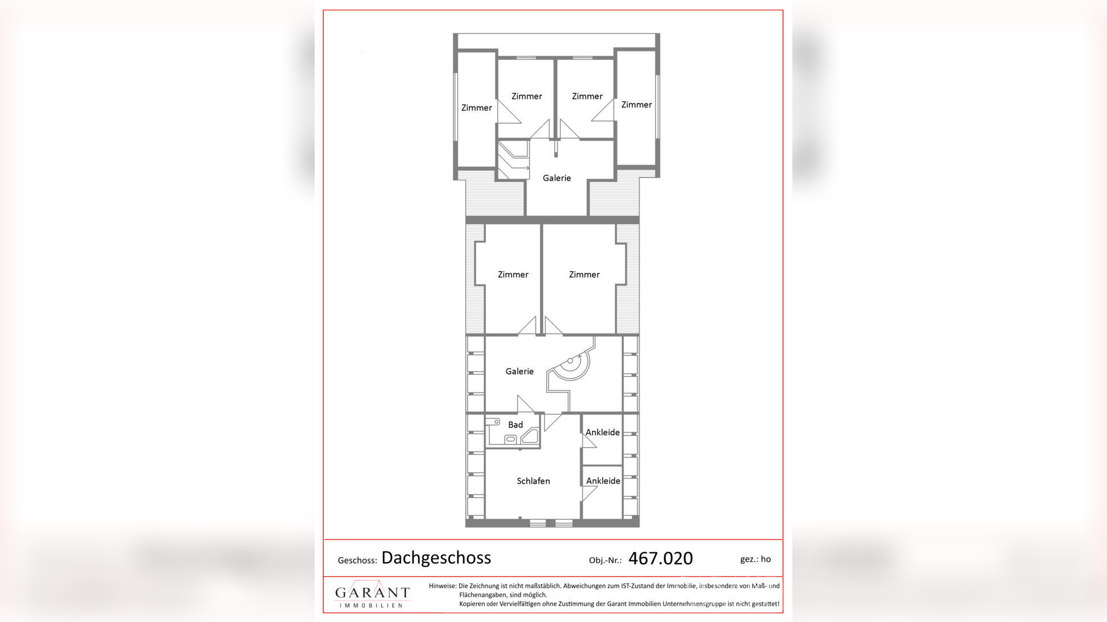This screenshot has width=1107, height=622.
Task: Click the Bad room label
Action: point(515,425)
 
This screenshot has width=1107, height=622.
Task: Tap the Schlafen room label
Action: point(533,481)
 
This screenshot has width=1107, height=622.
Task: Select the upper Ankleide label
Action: point(602,432)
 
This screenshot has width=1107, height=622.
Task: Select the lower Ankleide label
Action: point(603,481)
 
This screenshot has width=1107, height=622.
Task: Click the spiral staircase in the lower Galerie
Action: point(572,362)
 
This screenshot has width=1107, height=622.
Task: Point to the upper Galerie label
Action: point(556,178)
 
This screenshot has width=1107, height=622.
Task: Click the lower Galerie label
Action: point(519,372)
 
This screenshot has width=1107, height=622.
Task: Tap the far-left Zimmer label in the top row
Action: point(476,108)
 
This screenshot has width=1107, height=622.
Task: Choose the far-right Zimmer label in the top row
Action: point(636,105)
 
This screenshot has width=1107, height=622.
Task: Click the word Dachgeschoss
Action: point(436,558)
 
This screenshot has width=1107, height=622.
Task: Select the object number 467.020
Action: point(660,559)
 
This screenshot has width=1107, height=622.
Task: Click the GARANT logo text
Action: point(372,593)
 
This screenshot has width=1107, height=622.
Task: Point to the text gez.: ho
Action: point(755,559)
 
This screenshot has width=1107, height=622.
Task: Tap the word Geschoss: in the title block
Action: point(357,560)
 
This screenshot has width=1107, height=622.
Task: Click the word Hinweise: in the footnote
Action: point(442,586)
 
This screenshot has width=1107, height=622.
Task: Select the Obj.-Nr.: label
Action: point(605,560)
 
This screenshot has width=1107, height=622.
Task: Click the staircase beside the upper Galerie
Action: point(513,160)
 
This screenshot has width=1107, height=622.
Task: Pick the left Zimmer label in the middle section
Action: point(513,275)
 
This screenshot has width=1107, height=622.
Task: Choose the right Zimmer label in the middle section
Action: point(584,275)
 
